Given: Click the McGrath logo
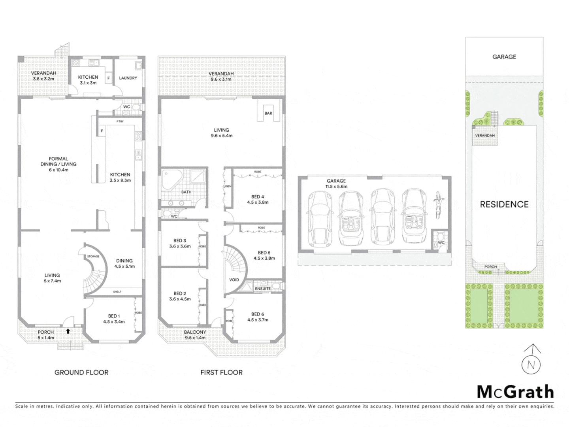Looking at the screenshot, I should click(515, 392).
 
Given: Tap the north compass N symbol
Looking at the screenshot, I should click(531, 365).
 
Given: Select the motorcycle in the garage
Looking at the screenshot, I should click(437, 205).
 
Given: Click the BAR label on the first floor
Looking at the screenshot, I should click(268, 113).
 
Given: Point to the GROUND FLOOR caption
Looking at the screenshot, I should click(81, 372).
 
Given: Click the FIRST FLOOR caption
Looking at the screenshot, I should click(221, 372).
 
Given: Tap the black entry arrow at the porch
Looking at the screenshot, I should click(68, 331).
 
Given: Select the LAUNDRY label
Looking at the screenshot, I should click(128, 78).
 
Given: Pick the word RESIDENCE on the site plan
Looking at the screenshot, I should click(504, 204).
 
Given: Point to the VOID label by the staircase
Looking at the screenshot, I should click(234, 280).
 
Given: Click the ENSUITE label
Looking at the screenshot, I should click(263, 289).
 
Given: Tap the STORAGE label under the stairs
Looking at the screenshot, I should click(93, 257).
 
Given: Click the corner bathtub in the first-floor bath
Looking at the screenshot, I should click(171, 179).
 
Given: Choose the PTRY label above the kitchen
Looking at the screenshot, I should click(120, 121).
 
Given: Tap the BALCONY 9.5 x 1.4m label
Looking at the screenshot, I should click(195, 335).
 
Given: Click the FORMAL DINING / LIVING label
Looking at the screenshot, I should click(58, 164).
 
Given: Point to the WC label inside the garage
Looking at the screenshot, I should click(441, 243).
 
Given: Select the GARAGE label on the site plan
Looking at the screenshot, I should click(504, 57).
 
